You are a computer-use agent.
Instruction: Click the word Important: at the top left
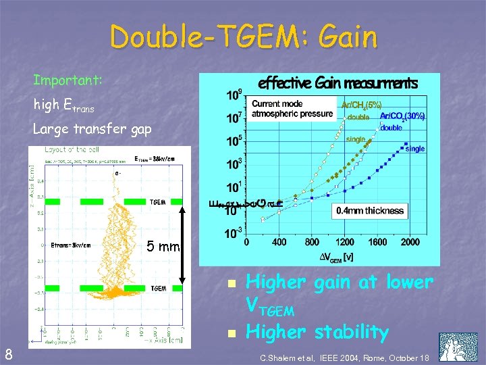pyautogui.click(x=67, y=80)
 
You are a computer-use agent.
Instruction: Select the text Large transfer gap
pyautogui.click(x=92, y=129)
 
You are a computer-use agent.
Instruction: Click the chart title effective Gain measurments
pyautogui.click(x=338, y=83)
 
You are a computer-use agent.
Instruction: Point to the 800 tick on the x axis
pyautogui.click(x=312, y=242)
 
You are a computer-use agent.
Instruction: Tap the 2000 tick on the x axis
pyautogui.click(x=410, y=242)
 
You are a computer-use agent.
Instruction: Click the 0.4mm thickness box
pyautogui.click(x=370, y=210)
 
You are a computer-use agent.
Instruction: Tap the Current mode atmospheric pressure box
pyautogui.click(x=292, y=109)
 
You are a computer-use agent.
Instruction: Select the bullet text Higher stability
pyautogui.click(x=317, y=332)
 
